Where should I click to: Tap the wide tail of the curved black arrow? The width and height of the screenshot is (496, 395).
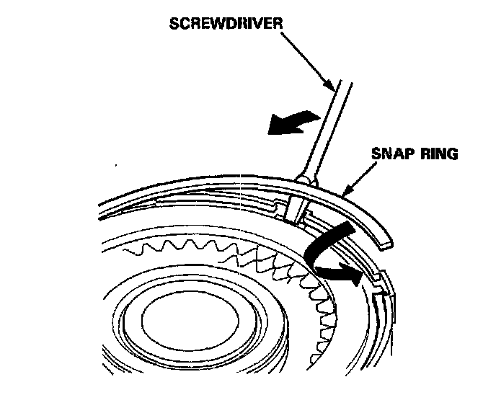(x=339, y=234)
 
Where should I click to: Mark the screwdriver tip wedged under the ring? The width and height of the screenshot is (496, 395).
(x=293, y=212)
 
